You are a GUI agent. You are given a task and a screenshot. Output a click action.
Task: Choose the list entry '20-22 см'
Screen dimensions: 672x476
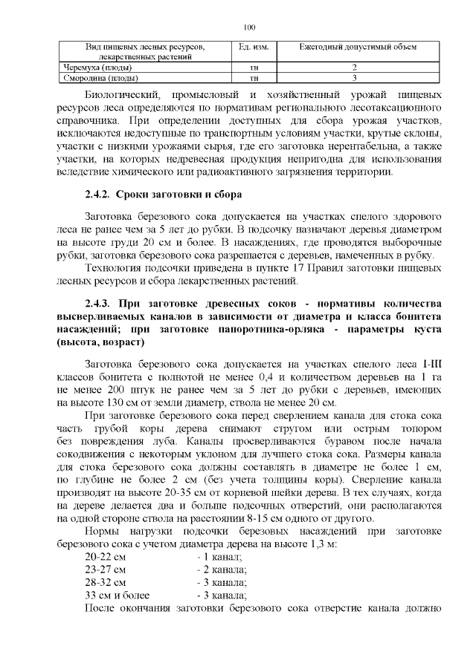pos(106,556)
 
